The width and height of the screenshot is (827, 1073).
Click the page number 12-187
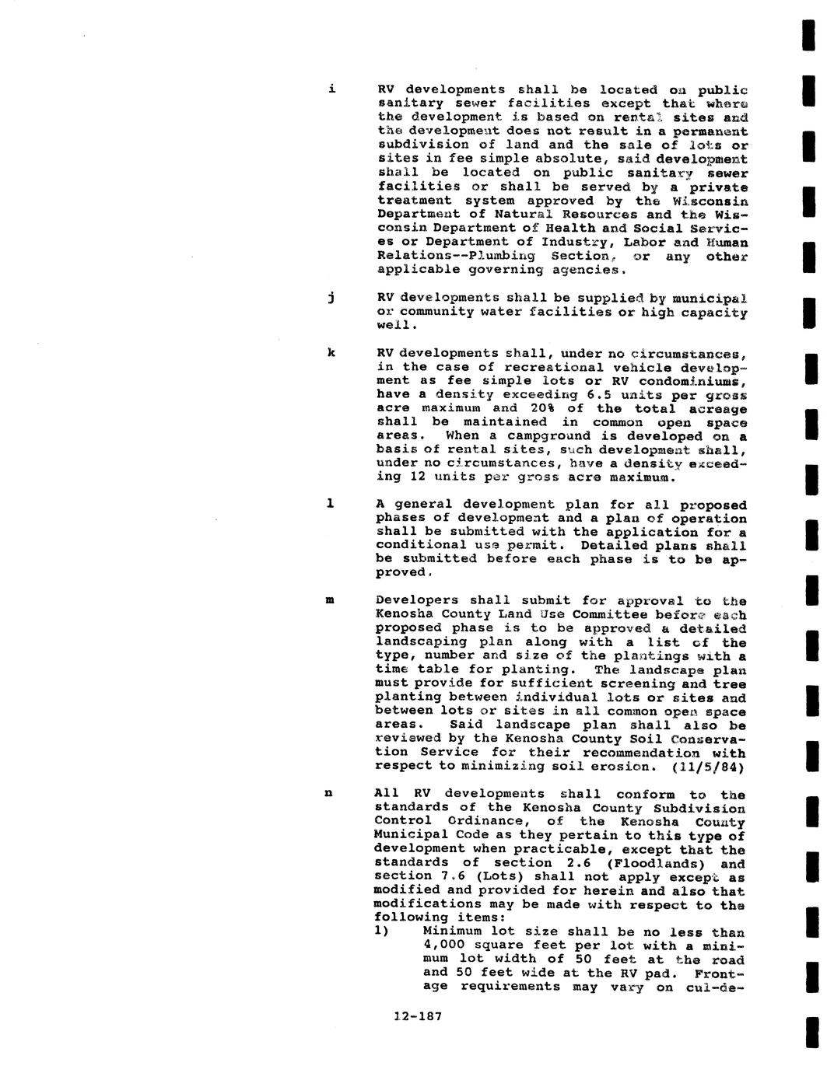(x=418, y=1015)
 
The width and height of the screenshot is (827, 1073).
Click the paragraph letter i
(x=332, y=89)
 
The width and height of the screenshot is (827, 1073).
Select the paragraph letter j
(x=331, y=297)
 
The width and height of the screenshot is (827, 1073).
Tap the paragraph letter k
(x=331, y=353)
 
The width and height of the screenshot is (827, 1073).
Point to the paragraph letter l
(x=331, y=504)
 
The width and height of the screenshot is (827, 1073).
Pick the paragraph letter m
(x=331, y=600)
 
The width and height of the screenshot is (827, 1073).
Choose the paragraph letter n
(x=329, y=794)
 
